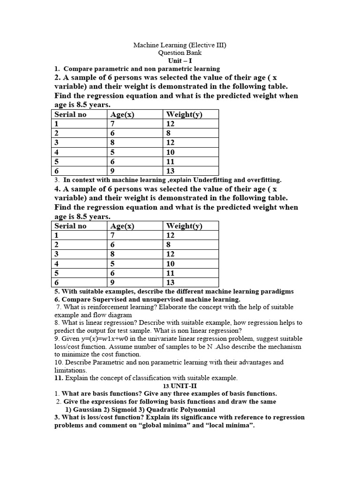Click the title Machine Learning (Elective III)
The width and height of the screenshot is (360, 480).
180,45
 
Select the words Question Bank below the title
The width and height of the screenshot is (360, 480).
180,53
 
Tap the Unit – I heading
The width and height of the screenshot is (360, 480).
180,61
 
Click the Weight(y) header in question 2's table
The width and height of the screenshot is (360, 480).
184,114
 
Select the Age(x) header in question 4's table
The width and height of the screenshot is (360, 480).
122,226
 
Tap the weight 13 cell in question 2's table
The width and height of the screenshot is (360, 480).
171,171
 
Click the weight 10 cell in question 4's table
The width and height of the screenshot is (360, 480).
171,264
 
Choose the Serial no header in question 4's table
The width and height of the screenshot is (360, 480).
71,226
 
